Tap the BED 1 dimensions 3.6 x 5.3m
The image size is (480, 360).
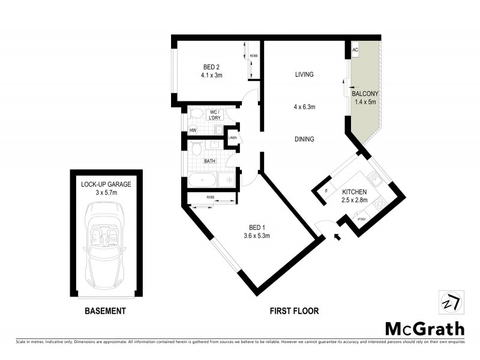pos(256,236)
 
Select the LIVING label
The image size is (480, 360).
pos(305,75)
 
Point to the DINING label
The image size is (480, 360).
pos(305,139)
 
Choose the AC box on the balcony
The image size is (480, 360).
pos(356,50)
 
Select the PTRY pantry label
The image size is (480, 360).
pos(362,220)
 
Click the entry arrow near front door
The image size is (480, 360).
pos(337,238)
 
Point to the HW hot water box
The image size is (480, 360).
pos(193,130)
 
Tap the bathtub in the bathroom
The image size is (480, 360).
pos(203,181)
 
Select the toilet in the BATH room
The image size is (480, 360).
pos(196,149)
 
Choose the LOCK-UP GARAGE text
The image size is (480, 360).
pos(106,184)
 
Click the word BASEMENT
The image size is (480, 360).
pos(105,311)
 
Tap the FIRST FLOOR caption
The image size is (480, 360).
pos(294,311)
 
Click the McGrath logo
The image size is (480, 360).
pos(424,328)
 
